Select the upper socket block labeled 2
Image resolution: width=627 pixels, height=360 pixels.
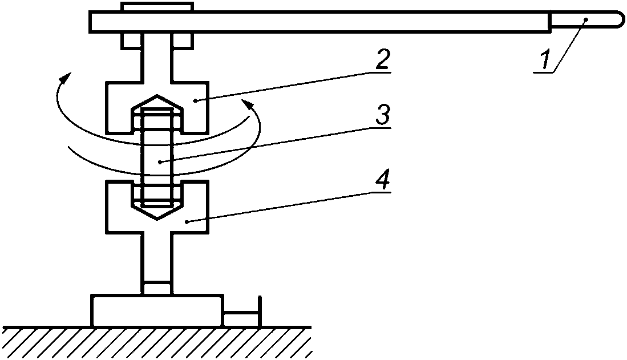[117, 108]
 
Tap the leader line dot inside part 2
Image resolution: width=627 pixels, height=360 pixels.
[195, 100]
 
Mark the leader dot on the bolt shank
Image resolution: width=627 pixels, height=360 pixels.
[160, 162]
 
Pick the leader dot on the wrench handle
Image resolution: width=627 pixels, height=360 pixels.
[585, 20]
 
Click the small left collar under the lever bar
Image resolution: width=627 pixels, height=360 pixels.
[130, 41]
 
